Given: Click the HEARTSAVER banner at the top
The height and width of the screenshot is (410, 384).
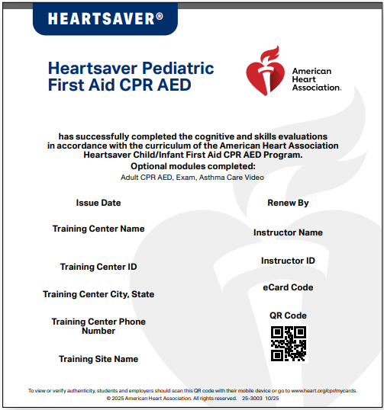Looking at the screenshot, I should (x=105, y=18).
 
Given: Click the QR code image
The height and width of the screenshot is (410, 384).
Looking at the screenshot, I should (x=288, y=344).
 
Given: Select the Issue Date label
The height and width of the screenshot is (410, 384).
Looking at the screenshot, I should (x=98, y=203).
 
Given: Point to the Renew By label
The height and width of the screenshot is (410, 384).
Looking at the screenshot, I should (x=288, y=203).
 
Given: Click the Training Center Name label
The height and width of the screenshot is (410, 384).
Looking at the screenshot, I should (x=98, y=229).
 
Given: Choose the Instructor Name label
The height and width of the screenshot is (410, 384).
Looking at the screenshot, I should (x=288, y=232).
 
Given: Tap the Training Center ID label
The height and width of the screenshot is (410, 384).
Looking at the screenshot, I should (x=98, y=267).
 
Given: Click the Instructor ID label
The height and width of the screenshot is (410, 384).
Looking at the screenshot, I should (x=288, y=261).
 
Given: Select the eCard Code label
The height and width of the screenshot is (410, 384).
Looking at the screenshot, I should (x=288, y=287).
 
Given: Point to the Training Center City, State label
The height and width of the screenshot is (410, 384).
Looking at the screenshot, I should (x=98, y=294).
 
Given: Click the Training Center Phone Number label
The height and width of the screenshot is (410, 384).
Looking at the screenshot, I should (x=98, y=326).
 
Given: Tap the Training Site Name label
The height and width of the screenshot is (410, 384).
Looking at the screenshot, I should (x=98, y=359).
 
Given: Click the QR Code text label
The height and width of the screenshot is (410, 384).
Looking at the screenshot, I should (x=288, y=316).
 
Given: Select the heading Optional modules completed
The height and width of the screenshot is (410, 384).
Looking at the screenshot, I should (x=192, y=166).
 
